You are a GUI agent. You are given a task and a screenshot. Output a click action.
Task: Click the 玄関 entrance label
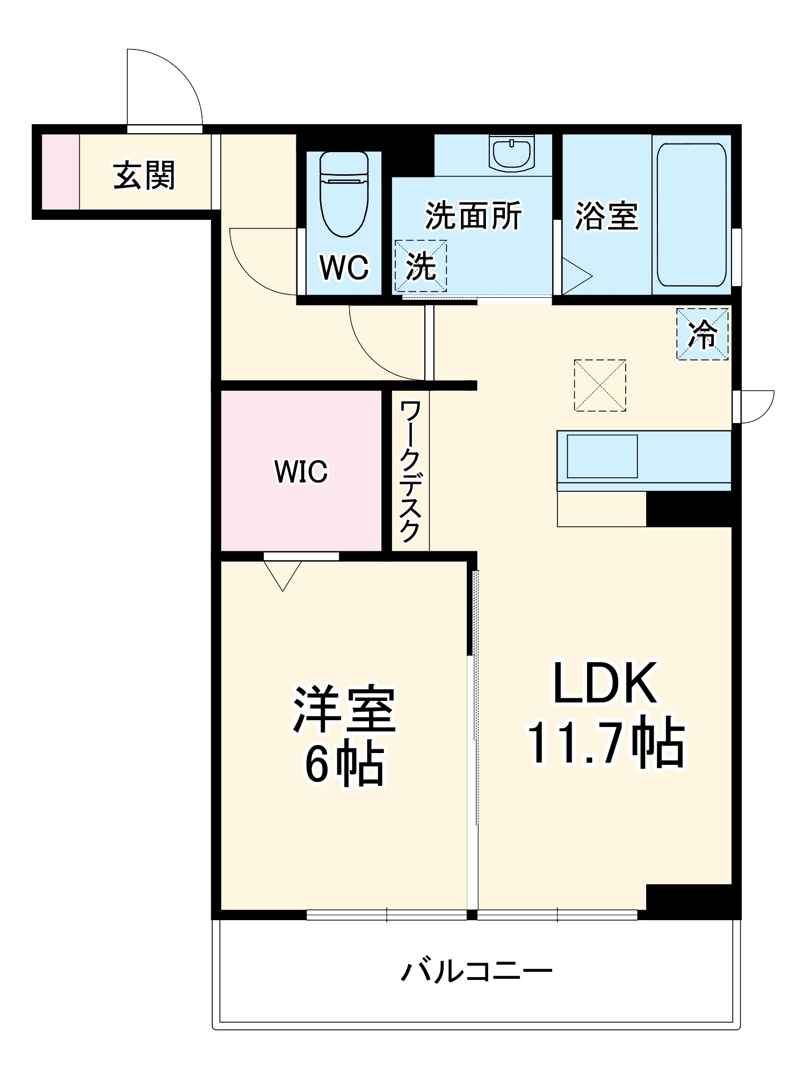144,175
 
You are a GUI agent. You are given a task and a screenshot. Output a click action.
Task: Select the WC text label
344,267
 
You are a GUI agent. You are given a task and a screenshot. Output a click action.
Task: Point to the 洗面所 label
473,216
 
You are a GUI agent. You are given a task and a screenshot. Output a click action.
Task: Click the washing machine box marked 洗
421,266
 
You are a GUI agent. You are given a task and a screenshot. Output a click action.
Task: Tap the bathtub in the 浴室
691,214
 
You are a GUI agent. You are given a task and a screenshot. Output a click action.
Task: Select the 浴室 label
606,216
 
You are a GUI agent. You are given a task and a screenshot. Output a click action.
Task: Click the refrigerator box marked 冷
702,334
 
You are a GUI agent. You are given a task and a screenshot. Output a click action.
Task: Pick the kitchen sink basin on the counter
602,456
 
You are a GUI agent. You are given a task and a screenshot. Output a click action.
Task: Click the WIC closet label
301,471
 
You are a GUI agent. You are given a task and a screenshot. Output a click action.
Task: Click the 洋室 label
344,709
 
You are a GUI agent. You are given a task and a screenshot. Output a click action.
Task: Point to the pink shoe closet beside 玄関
61,171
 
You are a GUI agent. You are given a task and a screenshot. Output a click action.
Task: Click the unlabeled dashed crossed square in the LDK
600,385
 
